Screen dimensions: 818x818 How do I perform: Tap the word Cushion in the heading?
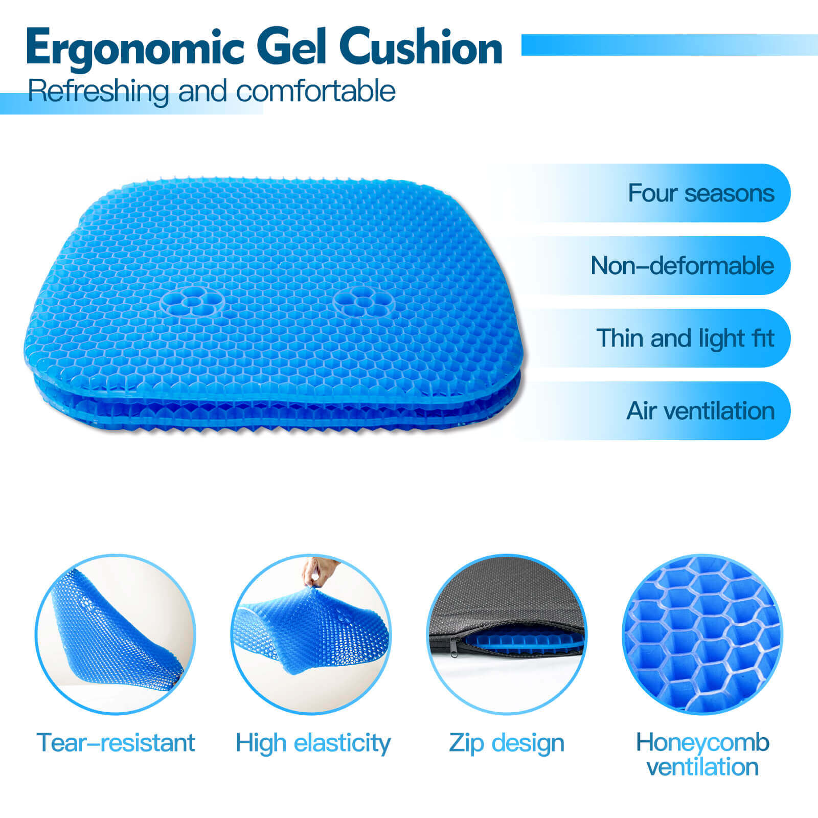420,47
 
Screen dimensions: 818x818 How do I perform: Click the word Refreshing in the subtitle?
98,92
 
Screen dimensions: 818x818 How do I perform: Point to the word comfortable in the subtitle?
315,91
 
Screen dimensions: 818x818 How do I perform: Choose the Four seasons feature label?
701,193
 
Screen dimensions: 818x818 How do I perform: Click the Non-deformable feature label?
683,266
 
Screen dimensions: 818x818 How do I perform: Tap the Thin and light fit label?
685,338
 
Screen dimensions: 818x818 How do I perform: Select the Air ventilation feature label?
700,411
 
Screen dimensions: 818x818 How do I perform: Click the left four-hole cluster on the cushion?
192,301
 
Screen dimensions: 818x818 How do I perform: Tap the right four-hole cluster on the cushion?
363,301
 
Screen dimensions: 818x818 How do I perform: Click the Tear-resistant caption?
116,743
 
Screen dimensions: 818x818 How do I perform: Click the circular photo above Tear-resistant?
116,634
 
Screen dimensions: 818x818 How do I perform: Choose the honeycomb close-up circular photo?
702,634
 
